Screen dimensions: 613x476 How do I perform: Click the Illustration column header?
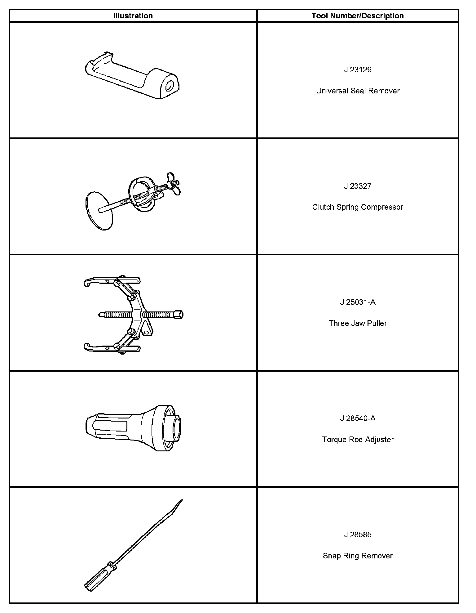pyautogui.click(x=133, y=16)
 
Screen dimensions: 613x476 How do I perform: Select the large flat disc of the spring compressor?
pyautogui.click(x=99, y=211)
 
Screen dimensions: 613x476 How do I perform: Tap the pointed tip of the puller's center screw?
pyautogui.click(x=100, y=315)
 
